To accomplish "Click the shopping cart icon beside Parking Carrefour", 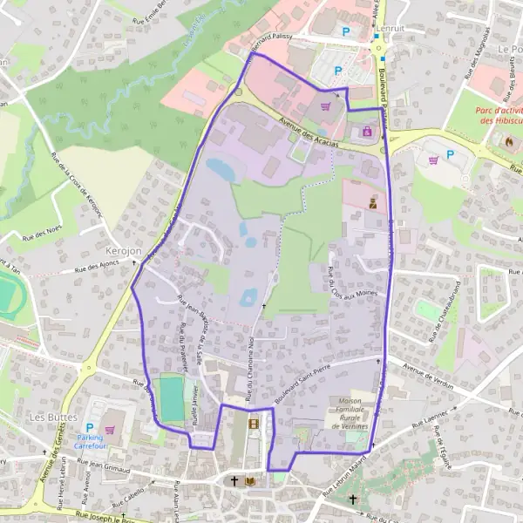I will pyautogui.click(x=110, y=429).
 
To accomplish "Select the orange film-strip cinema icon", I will pyautogui.click(x=253, y=425).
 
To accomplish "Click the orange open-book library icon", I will pyautogui.click(x=251, y=480).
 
